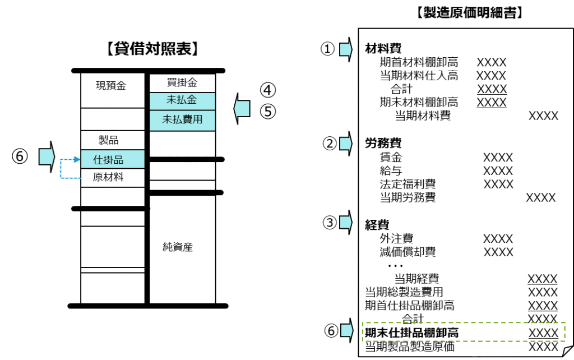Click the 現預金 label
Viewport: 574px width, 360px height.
coord(111,86)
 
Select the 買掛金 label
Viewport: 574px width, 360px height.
coord(182,82)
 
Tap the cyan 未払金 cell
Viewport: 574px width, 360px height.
coord(182,101)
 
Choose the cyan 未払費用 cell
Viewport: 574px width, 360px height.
coord(182,119)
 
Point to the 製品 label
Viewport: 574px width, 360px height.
coord(109,140)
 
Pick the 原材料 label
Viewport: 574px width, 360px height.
coord(108,178)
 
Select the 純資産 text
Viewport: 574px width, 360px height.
coord(178,247)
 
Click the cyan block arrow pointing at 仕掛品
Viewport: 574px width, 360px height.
coord(46,156)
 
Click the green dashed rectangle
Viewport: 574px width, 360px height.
coord(464,331)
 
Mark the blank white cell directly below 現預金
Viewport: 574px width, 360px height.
coord(113,119)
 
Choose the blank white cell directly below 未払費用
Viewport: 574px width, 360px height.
coord(182,144)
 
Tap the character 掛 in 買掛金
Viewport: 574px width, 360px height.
coord(182,82)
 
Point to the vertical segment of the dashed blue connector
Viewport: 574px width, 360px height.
coord(61,169)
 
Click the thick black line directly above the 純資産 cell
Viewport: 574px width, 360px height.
coord(182,192)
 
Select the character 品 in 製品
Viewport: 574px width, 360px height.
coord(114,140)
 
